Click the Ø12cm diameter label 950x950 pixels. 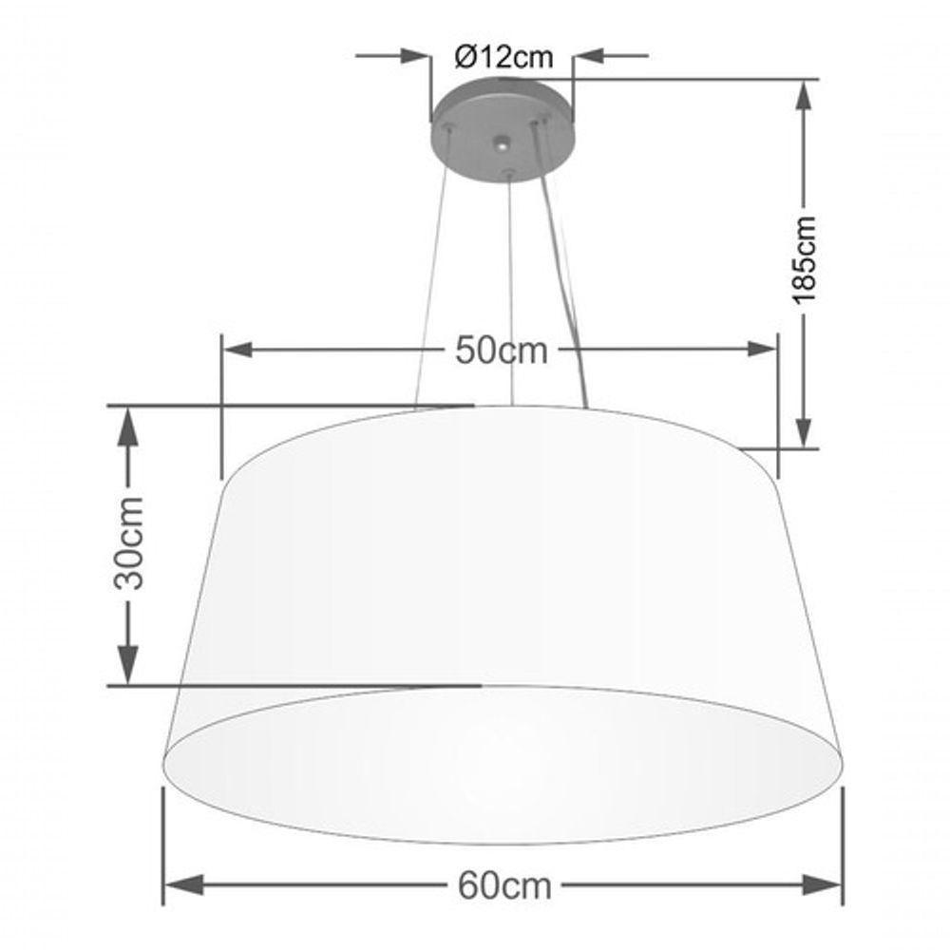tap(503, 57)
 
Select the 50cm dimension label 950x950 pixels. tap(502, 351)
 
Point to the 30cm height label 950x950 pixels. tap(129, 542)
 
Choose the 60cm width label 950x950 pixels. tap(504, 885)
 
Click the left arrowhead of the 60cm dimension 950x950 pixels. tap(180, 885)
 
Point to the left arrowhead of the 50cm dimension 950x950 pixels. tap(237, 350)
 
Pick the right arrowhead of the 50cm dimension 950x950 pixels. tap(762, 350)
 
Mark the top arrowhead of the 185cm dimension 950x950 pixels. tap(804, 95)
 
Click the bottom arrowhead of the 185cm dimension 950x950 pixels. tap(804, 432)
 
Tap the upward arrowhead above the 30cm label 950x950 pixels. tap(127, 423)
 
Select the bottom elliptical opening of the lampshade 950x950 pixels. tap(503, 765)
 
